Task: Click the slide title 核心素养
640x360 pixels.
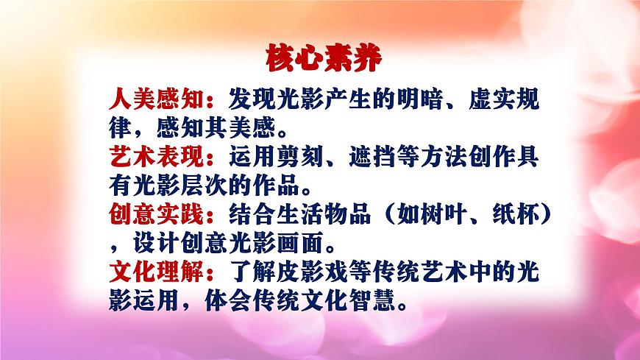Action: pyautogui.click(x=322, y=59)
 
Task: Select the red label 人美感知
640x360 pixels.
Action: pyautogui.click(x=156, y=99)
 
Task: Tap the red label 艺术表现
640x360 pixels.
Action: pyautogui.click(x=156, y=156)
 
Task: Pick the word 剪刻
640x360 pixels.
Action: pyautogui.click(x=301, y=156)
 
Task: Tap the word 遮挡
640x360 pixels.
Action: pyautogui.click(x=372, y=156)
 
